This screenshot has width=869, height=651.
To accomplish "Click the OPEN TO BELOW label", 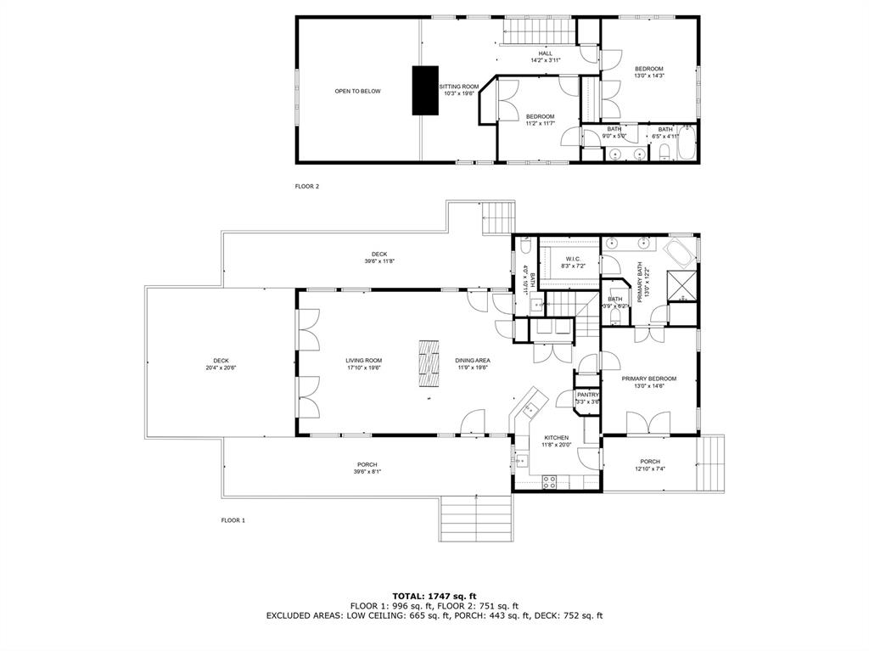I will click(357, 91).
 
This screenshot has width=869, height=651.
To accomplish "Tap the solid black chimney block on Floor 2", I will click(425, 90).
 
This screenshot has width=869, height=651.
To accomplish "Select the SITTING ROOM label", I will click(458, 87).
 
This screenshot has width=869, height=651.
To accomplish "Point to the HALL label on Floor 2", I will click(545, 53).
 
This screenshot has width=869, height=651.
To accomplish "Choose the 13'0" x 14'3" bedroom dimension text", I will click(649, 76).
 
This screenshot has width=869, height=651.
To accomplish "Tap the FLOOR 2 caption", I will click(306, 186).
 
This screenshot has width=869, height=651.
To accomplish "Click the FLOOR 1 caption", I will click(233, 519).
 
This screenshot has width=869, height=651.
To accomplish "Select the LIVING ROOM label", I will click(363, 360).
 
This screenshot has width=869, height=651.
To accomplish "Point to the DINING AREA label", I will click(472, 360).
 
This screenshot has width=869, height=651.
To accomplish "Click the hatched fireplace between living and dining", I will click(429, 363).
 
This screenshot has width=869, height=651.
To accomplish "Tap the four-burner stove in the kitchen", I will click(549, 481).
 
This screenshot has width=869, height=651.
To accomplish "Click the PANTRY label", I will click(588, 395).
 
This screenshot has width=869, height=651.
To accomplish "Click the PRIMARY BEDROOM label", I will click(648, 379).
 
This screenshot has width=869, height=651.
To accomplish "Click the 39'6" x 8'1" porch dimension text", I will click(367, 472).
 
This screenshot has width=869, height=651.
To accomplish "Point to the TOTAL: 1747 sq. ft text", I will click(434, 595).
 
